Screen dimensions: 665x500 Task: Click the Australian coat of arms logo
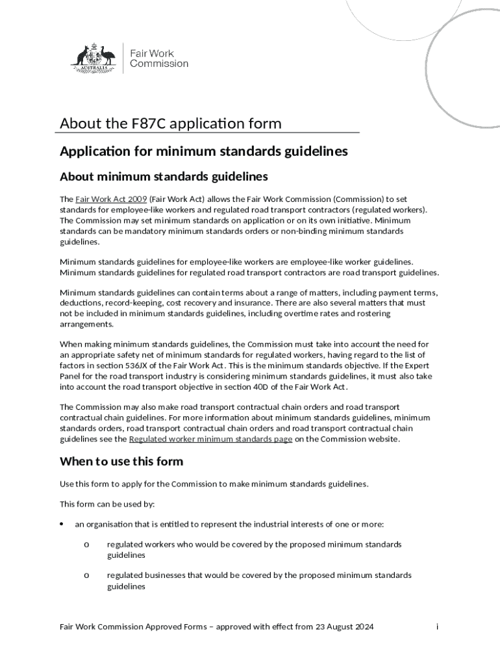[93, 57]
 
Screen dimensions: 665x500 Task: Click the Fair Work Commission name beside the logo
[159, 58]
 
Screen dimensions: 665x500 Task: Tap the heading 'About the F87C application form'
[171, 123]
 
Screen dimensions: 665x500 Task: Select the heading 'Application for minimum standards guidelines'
[204, 151]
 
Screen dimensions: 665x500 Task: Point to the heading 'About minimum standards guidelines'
[164, 177]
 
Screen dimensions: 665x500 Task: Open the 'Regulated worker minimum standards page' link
[210, 439]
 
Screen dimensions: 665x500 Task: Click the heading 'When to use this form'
[121, 462]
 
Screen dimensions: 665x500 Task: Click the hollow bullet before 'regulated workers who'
[86, 544]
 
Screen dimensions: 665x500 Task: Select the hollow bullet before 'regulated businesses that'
[86, 575]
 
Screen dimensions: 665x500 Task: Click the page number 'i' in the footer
[437, 627]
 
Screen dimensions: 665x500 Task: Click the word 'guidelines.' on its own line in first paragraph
[80, 241]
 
